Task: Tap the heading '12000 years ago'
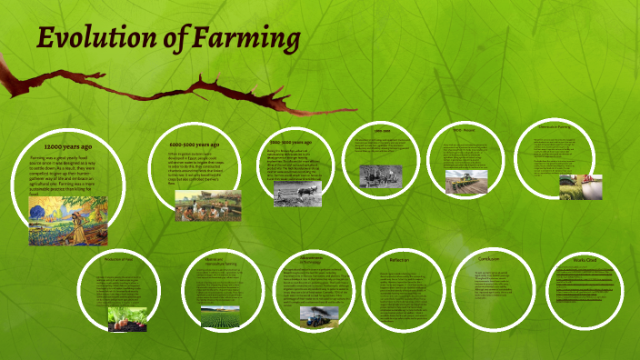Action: pos(67,145)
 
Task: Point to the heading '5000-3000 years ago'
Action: pos(294,143)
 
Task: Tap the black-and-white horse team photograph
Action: pos(381,175)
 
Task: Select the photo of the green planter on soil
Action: pos(465,181)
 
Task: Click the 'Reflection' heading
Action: pos(400,260)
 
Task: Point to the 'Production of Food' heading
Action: pos(119,261)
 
